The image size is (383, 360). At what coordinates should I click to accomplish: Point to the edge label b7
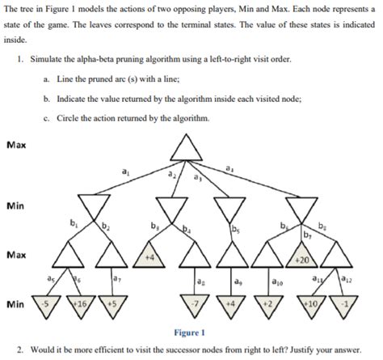click(307, 235)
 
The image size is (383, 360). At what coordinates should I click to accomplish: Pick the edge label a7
click(117, 279)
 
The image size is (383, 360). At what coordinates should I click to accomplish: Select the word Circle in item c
click(92, 119)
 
